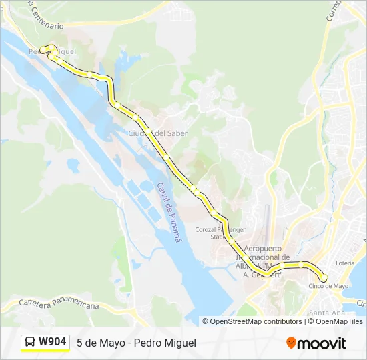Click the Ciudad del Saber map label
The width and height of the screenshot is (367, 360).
click(158, 133)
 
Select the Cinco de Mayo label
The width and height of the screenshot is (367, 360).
click(328, 286)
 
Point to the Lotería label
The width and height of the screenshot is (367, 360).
click(345, 263)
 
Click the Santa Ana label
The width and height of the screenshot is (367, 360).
click(328, 312)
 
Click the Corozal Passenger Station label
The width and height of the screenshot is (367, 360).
click(220, 233)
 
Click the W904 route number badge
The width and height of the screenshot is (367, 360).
click(52, 342)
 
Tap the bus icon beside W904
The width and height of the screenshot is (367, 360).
click(30, 343)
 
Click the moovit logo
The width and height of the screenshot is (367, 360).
click(316, 343)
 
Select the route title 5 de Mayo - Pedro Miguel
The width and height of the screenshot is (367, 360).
click(136, 343)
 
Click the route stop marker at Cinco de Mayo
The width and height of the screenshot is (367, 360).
click(323, 277)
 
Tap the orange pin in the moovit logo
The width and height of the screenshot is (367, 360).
click(291, 343)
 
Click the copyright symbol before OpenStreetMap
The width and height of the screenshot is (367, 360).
click(206, 321)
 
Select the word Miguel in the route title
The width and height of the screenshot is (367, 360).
click(179, 343)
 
